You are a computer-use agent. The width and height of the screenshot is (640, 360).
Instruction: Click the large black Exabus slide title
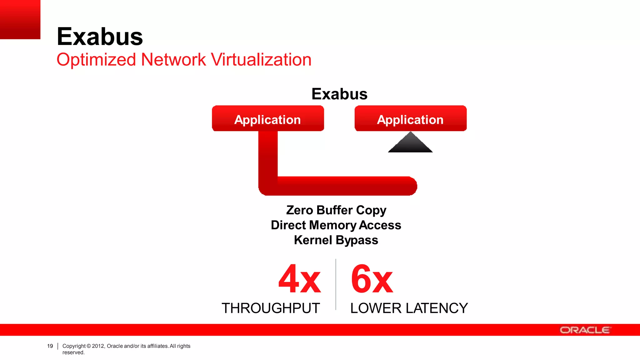coord(100,37)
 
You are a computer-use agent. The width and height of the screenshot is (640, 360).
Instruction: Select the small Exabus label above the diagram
coord(339,94)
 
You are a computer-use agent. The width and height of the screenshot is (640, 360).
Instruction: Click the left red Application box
coord(268,119)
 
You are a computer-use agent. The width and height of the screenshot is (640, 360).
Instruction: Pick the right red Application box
coord(410,119)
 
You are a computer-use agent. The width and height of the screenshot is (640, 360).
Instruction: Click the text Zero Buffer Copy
coord(336,210)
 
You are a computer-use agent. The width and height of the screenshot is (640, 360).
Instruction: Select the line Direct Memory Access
coord(336,225)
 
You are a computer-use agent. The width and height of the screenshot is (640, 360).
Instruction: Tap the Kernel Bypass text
coord(336,240)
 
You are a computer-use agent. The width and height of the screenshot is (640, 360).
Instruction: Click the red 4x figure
coord(299,279)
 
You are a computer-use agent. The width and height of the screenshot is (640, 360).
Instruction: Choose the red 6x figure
coord(372,279)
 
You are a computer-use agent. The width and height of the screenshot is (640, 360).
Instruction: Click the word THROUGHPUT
coord(271,308)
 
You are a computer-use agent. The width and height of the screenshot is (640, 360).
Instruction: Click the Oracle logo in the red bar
coord(585,330)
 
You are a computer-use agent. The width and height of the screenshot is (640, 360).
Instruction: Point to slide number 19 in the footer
coord(50,346)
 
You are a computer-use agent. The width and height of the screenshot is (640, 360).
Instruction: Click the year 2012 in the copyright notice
coord(98,346)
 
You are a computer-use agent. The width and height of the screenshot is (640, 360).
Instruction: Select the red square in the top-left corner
coord(20,19)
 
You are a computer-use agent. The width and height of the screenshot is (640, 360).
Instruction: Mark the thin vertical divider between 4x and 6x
coord(336,284)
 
